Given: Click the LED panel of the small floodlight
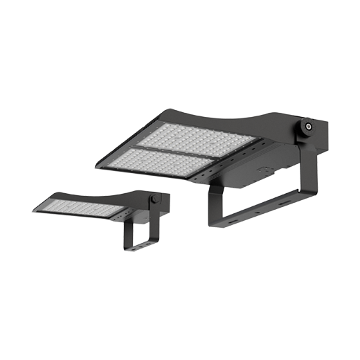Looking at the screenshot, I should tap(80, 207).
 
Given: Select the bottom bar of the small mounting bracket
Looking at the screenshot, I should tap(140, 245).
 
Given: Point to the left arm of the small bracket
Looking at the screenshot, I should tap(127, 234).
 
